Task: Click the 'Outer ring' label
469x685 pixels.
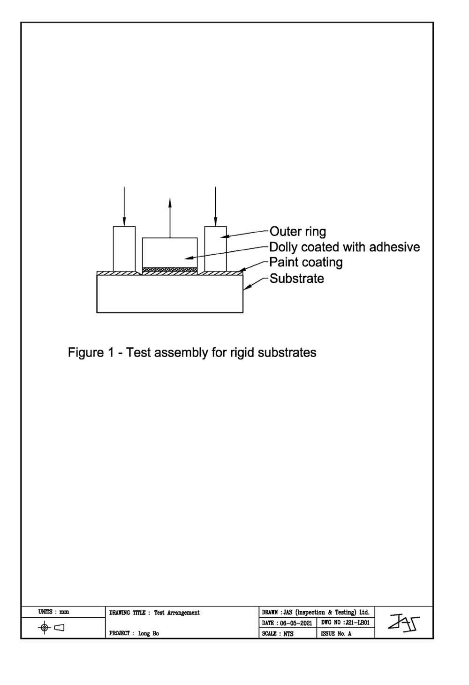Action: point(298,232)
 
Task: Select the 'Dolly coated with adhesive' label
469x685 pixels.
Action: point(344,247)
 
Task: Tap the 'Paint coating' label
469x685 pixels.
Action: point(306,262)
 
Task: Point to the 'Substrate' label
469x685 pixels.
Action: point(296,279)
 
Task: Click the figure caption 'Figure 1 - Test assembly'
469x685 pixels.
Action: point(192,352)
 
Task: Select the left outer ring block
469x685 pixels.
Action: point(124,249)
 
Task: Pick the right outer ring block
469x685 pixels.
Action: point(215,249)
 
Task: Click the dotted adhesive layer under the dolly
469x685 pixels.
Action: point(170,270)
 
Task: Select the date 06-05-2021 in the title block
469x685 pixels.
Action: point(287,623)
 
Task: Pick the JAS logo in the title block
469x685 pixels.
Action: point(403,623)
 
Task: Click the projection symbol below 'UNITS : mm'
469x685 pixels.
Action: point(52,627)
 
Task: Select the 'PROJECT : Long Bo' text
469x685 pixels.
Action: point(134,633)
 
